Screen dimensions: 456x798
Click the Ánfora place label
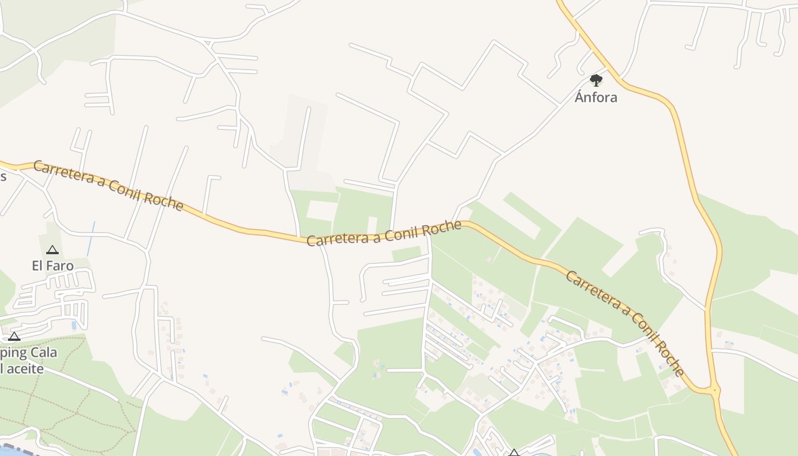(596, 97)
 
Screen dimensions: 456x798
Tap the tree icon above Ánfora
(596, 80)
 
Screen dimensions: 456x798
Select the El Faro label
(52, 266)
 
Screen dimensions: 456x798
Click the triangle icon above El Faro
(52, 250)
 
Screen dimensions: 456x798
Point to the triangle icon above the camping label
(14, 336)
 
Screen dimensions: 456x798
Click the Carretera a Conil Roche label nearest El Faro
(108, 186)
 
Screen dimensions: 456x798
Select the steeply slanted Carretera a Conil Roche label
(625, 323)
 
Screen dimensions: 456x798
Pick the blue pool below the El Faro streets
(74, 325)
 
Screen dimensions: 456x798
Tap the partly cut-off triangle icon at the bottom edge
(514, 453)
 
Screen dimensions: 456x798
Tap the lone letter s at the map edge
(3, 176)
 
